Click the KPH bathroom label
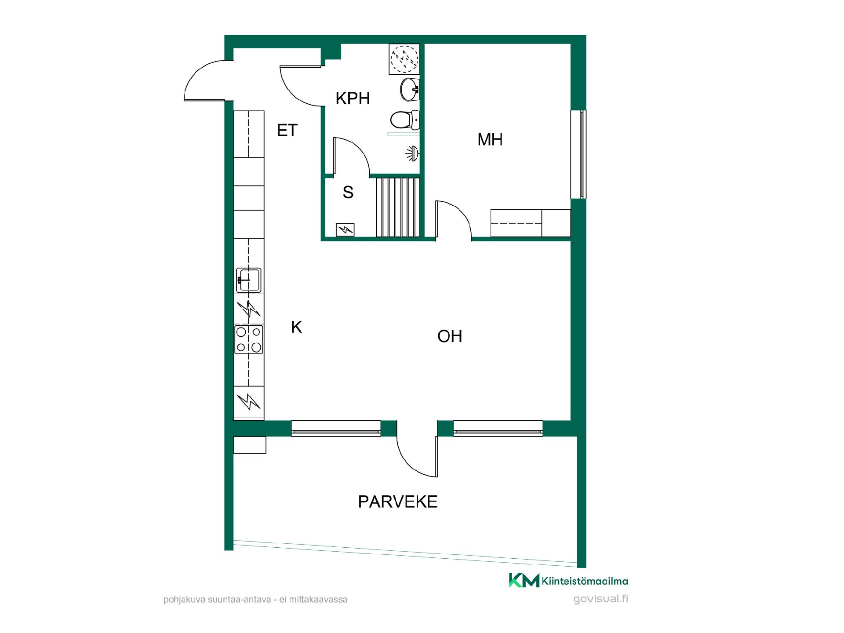click(353, 98)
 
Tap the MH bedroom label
click(490, 140)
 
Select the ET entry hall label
click(287, 131)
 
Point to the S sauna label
click(348, 193)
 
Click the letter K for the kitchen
click(297, 327)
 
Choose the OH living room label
click(450, 336)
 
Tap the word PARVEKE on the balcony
click(398, 502)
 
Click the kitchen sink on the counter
click(249, 280)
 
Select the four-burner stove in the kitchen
click(249, 339)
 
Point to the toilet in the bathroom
click(405, 119)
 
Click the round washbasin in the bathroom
click(410, 90)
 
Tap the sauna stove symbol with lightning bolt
click(345, 230)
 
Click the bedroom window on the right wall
click(578, 154)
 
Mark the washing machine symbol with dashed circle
click(404, 59)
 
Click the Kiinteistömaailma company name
click(585, 581)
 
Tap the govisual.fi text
click(601, 599)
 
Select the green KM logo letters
click(524, 580)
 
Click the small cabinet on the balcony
click(249, 445)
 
